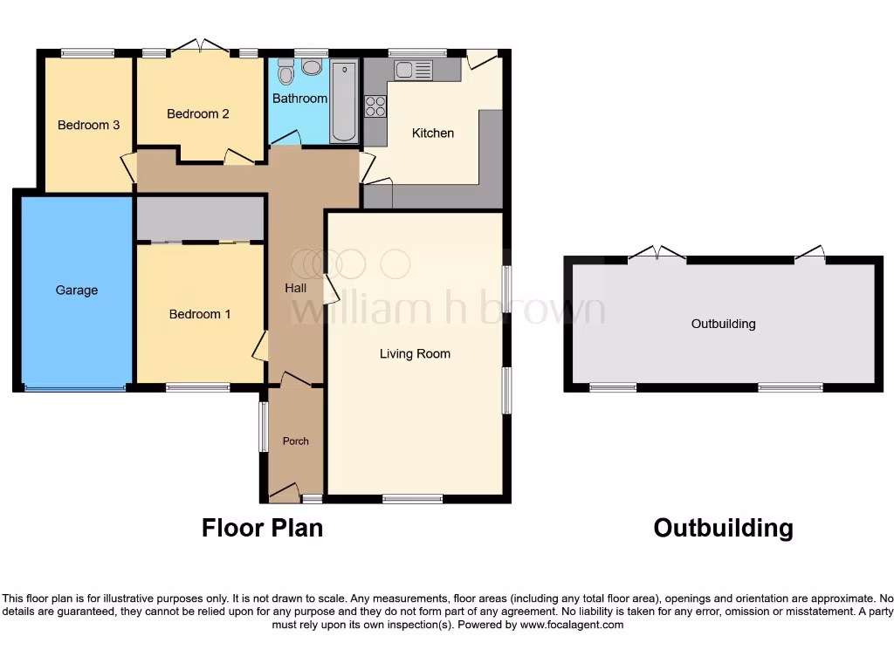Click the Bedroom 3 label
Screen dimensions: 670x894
pyautogui.click(x=88, y=125)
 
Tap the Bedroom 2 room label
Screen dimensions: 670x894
pyautogui.click(x=198, y=113)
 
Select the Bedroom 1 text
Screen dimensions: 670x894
pyautogui.click(x=200, y=314)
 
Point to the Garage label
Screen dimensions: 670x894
pyautogui.click(x=77, y=291)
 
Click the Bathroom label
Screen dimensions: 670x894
pyautogui.click(x=299, y=99)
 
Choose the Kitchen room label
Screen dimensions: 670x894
pyautogui.click(x=433, y=133)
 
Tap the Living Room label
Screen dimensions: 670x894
pyautogui.click(x=415, y=354)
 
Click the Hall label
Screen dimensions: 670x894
pyautogui.click(x=295, y=287)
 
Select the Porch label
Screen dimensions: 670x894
pyautogui.click(x=295, y=441)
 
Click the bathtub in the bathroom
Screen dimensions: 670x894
pyautogui.click(x=344, y=101)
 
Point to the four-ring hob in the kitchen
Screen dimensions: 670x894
pyautogui.click(x=376, y=106)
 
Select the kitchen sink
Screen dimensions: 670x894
pyautogui.click(x=409, y=70)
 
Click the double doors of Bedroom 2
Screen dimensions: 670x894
pyautogui.click(x=200, y=47)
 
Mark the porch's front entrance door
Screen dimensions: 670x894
pyautogui.click(x=284, y=495)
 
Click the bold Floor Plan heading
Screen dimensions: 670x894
pyautogui.click(x=262, y=528)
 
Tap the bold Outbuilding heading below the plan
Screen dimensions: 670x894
pyautogui.click(x=723, y=528)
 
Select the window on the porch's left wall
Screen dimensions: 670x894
pyautogui.click(x=263, y=427)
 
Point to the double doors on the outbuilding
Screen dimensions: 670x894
pyautogui.click(x=657, y=254)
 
